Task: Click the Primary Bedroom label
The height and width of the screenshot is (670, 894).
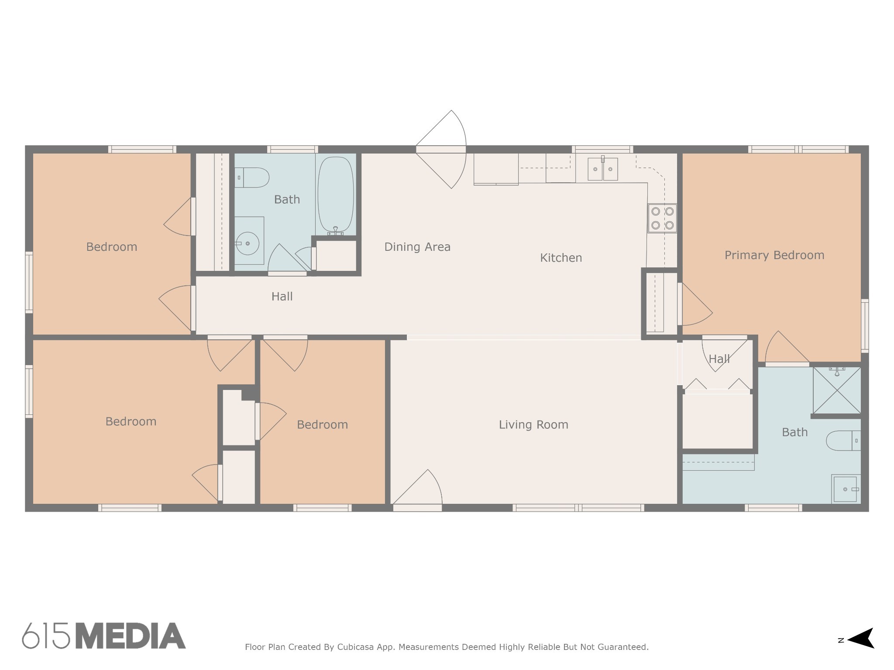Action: (x=774, y=255)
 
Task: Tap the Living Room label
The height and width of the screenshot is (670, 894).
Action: (x=533, y=425)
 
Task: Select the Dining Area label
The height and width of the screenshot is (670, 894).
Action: (x=417, y=247)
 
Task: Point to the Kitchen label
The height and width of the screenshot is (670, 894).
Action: (x=561, y=258)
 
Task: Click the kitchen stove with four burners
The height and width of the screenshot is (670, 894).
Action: (x=662, y=219)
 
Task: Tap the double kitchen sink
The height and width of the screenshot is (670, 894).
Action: (x=603, y=169)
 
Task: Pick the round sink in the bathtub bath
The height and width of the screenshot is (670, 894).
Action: (x=248, y=243)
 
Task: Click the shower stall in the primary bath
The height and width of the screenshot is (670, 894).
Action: (x=837, y=390)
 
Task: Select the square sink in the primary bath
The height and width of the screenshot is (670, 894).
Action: (x=846, y=489)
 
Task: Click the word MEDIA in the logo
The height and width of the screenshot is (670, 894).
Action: (x=131, y=636)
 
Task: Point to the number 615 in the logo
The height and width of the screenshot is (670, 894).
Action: (x=46, y=636)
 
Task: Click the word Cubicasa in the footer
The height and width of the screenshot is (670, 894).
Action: (x=355, y=647)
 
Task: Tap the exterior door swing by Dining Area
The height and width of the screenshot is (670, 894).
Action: (x=441, y=149)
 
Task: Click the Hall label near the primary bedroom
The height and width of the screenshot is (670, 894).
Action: (x=719, y=359)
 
